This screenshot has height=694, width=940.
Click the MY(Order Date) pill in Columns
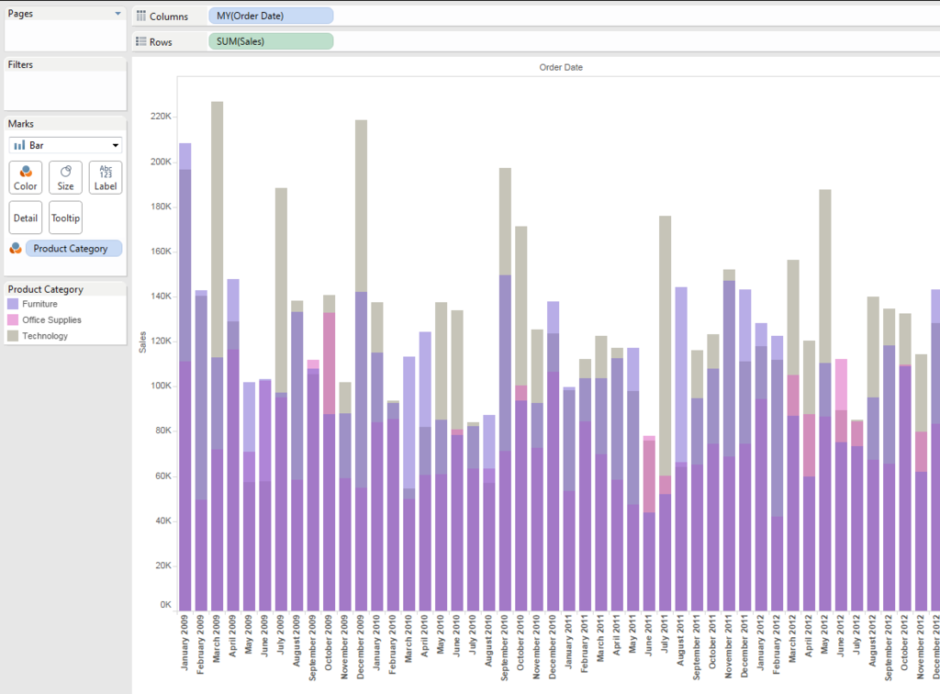[271, 17]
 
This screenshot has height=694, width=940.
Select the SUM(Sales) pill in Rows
[271, 41]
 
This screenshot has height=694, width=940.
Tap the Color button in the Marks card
[26, 177]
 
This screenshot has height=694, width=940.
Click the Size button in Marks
[65, 177]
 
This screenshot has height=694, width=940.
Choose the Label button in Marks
[106, 177]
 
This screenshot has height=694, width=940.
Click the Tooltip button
[65, 218]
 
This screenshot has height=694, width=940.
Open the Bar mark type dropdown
[65, 145]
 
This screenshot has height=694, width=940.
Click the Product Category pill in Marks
[73, 249]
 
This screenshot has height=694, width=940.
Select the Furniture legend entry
[39, 304]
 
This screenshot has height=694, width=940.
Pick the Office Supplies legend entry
[51, 320]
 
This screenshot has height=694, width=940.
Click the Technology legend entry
[45, 336]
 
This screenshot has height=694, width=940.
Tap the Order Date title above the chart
[561, 67]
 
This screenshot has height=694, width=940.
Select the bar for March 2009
[218, 367]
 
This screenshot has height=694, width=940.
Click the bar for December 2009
[361, 367]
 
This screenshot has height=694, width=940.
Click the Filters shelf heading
[20, 65]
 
